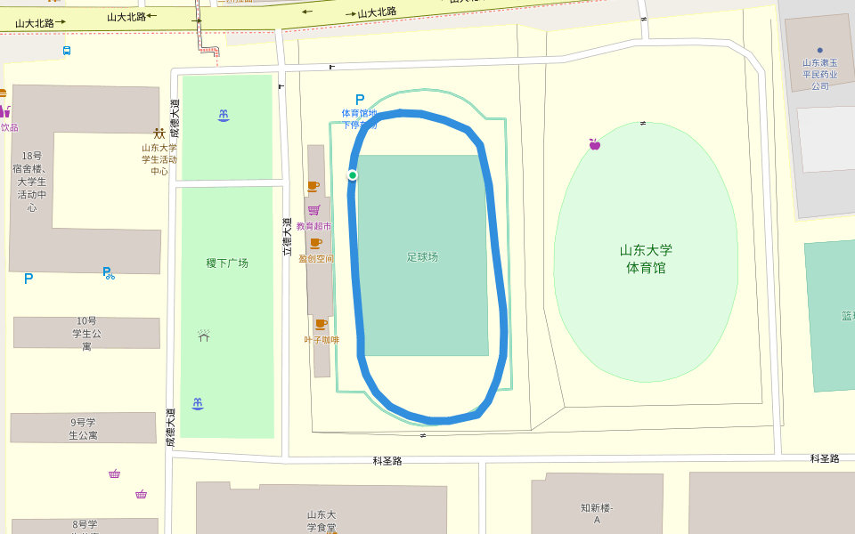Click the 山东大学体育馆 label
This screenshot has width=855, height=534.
point(646,259)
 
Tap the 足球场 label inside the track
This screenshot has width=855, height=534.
point(423,257)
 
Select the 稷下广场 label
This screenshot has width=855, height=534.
point(227,263)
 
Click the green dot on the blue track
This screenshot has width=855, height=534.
point(353,175)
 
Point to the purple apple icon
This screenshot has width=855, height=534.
point(594,144)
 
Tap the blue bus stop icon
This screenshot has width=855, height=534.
point(67,51)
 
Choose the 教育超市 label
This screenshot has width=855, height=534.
point(313,226)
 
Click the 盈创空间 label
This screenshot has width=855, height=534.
point(315,259)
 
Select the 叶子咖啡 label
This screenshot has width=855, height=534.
point(322,339)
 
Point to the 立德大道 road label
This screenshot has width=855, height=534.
point(287,237)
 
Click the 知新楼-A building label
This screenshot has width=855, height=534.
point(597,514)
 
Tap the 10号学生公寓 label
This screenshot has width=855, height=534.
point(86,333)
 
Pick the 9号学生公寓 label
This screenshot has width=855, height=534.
point(83,428)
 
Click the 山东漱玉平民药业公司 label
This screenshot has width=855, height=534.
point(819,74)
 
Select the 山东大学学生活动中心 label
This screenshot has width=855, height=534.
point(159,159)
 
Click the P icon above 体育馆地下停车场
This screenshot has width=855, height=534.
point(360,100)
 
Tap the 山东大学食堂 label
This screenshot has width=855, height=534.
point(321,521)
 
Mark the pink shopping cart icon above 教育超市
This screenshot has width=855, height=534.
point(313,210)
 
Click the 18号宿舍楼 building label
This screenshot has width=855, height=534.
point(32,182)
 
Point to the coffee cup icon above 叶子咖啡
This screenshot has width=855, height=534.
point(320,325)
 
